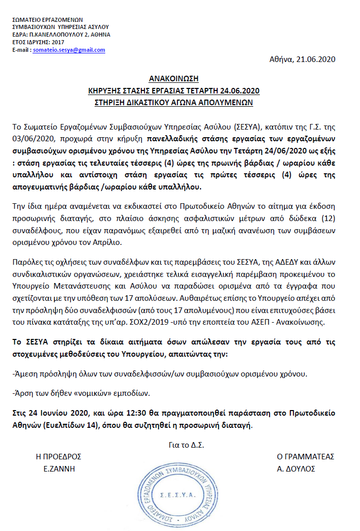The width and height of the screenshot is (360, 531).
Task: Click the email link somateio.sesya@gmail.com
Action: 69,50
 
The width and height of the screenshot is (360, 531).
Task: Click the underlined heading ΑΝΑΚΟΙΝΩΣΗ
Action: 173,79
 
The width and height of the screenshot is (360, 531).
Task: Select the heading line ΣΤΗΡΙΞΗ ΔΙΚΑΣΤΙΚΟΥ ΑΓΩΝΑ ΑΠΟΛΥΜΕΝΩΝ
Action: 173,102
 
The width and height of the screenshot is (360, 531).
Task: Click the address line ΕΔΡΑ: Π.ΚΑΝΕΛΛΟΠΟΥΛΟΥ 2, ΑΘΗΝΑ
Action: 61,35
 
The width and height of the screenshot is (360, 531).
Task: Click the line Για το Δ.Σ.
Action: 186,445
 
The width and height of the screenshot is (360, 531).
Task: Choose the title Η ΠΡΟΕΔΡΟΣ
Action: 58,456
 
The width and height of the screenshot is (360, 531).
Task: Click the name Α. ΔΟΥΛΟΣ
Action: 296,468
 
